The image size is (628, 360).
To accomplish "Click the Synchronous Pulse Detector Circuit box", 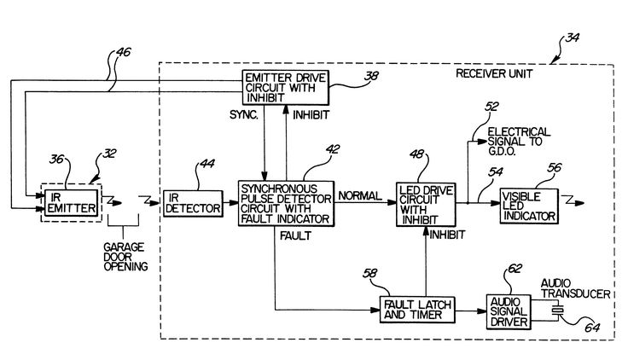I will [x=286, y=204].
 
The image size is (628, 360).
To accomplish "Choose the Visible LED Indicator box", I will [x=527, y=204].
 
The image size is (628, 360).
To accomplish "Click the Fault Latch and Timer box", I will [x=416, y=309].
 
